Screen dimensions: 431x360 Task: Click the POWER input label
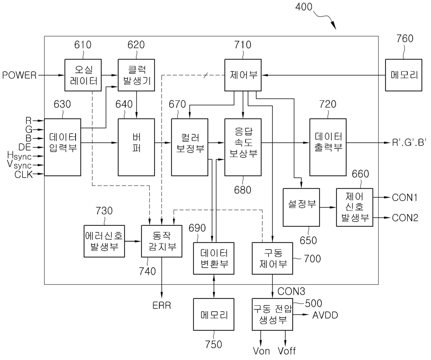tap(19, 75)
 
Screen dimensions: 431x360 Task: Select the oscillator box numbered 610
tap(83, 75)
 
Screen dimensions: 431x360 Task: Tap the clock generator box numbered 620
tap(136, 75)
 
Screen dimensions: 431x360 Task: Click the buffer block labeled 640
tap(136, 147)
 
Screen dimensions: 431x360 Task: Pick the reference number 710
tap(243, 45)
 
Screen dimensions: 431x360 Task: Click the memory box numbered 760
tap(404, 75)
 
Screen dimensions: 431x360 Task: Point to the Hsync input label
tap(19, 156)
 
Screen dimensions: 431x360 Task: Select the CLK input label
tap(24, 175)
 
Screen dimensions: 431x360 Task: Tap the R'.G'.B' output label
tap(409, 142)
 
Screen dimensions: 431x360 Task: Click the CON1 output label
tap(404, 197)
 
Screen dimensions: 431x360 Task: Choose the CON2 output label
tap(405, 218)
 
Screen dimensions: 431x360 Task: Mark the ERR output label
tap(162, 305)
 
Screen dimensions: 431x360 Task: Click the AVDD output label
tap(325, 315)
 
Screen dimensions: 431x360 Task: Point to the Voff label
tap(287, 351)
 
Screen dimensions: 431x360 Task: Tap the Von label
tap(261, 351)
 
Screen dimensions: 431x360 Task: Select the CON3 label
tap(291, 292)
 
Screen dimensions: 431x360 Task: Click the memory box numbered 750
tap(214, 314)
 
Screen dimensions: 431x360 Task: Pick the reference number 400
tap(304, 7)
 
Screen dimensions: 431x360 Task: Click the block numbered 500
tap(272, 314)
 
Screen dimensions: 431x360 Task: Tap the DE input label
tap(25, 147)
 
